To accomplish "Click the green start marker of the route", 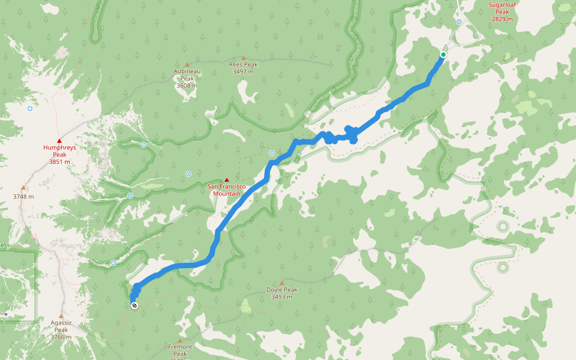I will pos(443,55).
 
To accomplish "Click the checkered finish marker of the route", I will pos(134,305).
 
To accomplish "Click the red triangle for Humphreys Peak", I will pos(59,140).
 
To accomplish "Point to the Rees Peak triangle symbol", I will pos(244,58).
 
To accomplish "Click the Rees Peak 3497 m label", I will pos(243,68).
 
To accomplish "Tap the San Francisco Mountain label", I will pos(226,190).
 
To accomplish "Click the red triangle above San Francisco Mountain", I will pos(227,180).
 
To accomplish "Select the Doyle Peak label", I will pos(281,293).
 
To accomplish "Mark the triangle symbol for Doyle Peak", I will pos(281,283).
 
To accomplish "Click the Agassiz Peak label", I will pos(61,329).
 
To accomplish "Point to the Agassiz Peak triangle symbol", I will pos(61,316).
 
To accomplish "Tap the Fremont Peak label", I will pos(180,350).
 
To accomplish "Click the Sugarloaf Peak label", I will pos(502,11).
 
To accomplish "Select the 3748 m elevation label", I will pos(23,196).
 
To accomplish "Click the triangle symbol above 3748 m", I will pos(23,187).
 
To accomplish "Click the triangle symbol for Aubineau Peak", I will pos(187,64).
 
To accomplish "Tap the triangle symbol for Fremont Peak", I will pos(179,340).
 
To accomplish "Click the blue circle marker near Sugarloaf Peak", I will pos(459,22).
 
